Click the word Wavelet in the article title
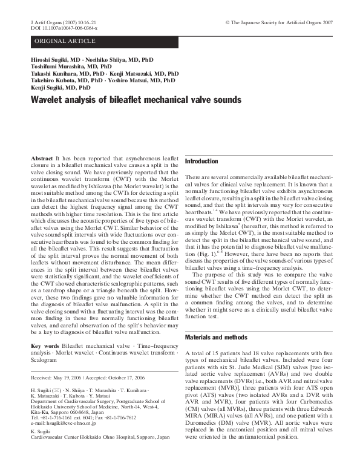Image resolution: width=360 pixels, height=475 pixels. point(47,101)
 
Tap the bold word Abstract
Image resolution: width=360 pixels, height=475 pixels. point(41,157)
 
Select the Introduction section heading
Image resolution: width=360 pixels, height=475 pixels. point(201,162)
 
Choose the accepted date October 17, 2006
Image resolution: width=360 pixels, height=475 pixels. point(141,377)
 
